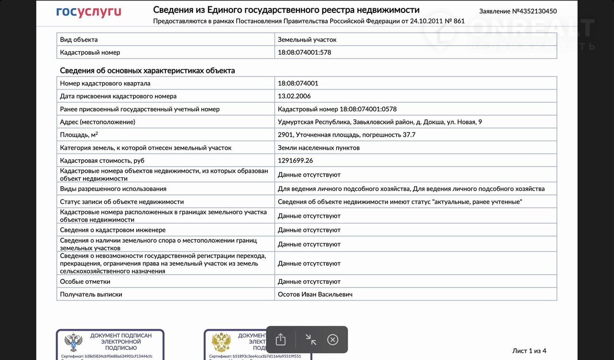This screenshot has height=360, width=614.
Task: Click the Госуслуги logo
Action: pyautogui.click(x=89, y=12)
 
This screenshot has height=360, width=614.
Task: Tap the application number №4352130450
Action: pyautogui.click(x=518, y=11)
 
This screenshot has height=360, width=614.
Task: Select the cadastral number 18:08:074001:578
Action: pyautogui.click(x=305, y=52)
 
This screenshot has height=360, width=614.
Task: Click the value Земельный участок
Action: pyautogui.click(x=307, y=39)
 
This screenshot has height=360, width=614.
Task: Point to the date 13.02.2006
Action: pyautogui.click(x=294, y=96)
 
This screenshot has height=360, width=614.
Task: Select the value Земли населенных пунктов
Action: pyautogui.click(x=319, y=148)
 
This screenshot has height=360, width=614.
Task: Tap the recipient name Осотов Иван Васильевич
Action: pyautogui.click(x=315, y=294)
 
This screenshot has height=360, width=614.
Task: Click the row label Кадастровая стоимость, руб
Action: pyautogui.click(x=102, y=160)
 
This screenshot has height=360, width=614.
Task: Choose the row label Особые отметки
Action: pyautogui.click(x=85, y=281)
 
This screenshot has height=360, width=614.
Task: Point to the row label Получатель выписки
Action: pyautogui.click(x=91, y=294)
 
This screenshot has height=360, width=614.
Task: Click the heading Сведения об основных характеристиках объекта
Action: pyautogui.click(x=147, y=71)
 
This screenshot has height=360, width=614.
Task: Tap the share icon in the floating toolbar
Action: pyautogui.click(x=281, y=340)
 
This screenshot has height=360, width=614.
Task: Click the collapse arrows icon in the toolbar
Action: pyautogui.click(x=311, y=340)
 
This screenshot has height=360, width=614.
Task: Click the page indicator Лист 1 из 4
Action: pyautogui.click(x=529, y=351)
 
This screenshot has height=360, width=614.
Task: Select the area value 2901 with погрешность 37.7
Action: pyautogui.click(x=346, y=135)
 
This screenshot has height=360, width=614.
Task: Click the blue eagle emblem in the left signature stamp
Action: pyautogui.click(x=73, y=343)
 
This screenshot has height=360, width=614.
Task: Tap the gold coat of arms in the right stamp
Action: pyautogui.click(x=222, y=343)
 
